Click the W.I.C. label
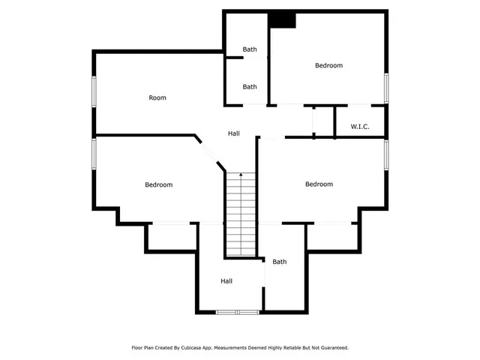[x=360, y=126]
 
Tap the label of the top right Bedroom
[x=328, y=66]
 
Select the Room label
[x=157, y=98]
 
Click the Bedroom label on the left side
[x=159, y=185]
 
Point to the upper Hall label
[x=234, y=133]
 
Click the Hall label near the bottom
[x=226, y=281]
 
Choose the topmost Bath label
[x=250, y=49]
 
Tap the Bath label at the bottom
[x=280, y=262]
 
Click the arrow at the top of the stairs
[x=241, y=175]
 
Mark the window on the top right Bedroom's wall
[x=387, y=87]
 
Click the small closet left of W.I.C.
[x=323, y=121]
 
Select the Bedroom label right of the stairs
[x=319, y=184]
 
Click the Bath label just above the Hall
[x=250, y=87]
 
